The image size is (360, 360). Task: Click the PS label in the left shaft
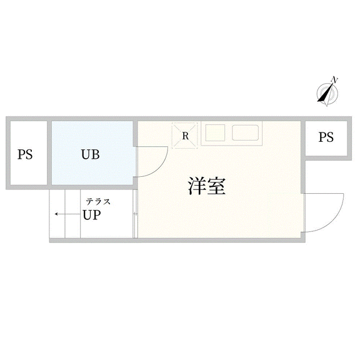25,154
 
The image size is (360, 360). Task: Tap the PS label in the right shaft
326,137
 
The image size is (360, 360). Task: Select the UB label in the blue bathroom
91,154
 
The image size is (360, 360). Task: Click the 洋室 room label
207,186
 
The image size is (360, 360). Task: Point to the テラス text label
98,202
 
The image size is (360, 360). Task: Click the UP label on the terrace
92,215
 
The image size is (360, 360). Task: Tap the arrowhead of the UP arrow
56,214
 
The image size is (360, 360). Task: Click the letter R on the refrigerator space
185,136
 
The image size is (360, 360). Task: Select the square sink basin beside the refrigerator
215,132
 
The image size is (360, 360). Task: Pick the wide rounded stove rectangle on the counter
245,132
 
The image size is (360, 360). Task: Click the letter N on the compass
335,80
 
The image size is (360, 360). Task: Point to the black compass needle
325,93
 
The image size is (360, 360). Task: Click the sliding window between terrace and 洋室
135,214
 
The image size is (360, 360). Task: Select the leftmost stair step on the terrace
57,214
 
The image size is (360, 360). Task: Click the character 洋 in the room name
197,186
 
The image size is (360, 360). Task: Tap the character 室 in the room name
216,186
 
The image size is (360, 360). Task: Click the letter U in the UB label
86,154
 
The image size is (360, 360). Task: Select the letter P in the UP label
97,215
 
